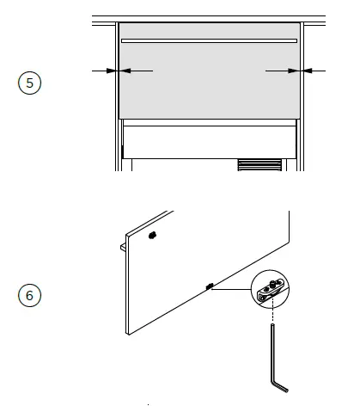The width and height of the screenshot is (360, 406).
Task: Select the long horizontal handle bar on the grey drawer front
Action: pyautogui.click(x=209, y=40)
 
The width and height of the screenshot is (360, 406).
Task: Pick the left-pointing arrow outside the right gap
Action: pyautogui.click(x=315, y=71)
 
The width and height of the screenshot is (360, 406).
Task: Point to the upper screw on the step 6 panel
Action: pyautogui.click(x=152, y=235)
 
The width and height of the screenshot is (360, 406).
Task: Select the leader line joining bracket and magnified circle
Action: pyautogui.click(x=232, y=290)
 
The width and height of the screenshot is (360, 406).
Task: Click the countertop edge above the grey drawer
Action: pyautogui.click(x=209, y=17)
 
